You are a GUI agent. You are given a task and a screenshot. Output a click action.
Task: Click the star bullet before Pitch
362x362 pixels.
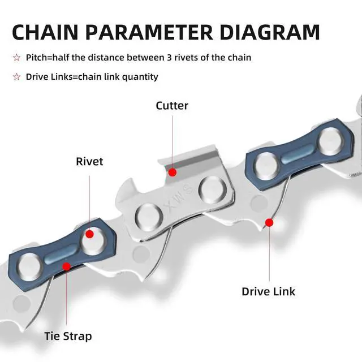click(x=16, y=58)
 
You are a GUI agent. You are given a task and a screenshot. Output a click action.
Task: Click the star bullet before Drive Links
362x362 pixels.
click(x=16, y=76)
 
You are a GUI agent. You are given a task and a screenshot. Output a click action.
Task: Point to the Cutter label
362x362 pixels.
click(x=172, y=106)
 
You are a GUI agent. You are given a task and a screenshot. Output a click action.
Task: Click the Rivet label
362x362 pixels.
click(x=89, y=162)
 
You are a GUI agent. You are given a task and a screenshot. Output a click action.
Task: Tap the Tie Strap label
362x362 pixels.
click(x=68, y=336)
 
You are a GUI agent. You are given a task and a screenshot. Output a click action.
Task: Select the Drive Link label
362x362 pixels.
click(x=268, y=292)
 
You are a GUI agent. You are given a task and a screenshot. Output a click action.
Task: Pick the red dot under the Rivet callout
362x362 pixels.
click(x=89, y=234)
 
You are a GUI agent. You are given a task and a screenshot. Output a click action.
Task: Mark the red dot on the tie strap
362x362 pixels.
click(x=67, y=266)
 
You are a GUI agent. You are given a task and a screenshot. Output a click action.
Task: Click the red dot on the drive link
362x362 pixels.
click(x=269, y=223)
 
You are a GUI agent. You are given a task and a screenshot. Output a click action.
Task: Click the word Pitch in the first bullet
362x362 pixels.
click(x=37, y=58)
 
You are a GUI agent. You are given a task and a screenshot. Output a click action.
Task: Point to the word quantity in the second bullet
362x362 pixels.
click(x=140, y=76)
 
